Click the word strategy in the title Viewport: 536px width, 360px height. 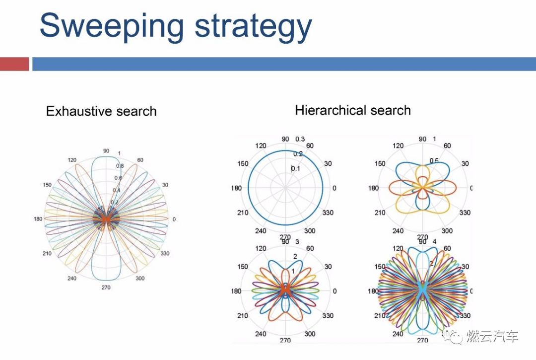[253, 28]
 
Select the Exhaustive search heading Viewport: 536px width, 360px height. [101, 111]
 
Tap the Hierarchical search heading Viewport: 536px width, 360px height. [353, 110]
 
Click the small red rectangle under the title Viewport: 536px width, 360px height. [14, 64]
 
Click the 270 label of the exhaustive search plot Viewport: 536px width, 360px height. [106, 287]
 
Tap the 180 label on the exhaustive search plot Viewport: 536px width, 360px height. [38, 219]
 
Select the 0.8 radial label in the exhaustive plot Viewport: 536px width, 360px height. [120, 166]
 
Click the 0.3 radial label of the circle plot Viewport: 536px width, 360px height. [300, 139]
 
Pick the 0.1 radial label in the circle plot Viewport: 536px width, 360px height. [296, 169]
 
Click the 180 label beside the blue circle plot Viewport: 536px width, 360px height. [236, 188]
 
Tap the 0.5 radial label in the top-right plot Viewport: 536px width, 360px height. [434, 160]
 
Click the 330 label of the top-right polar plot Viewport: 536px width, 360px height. [465, 213]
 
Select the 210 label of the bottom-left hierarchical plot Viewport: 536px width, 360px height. [243, 316]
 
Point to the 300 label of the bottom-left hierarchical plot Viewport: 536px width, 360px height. [310, 334]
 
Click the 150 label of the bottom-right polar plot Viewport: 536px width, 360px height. [380, 267]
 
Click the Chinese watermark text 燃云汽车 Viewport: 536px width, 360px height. [492, 336]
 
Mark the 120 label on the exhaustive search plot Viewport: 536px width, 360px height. [72, 160]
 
